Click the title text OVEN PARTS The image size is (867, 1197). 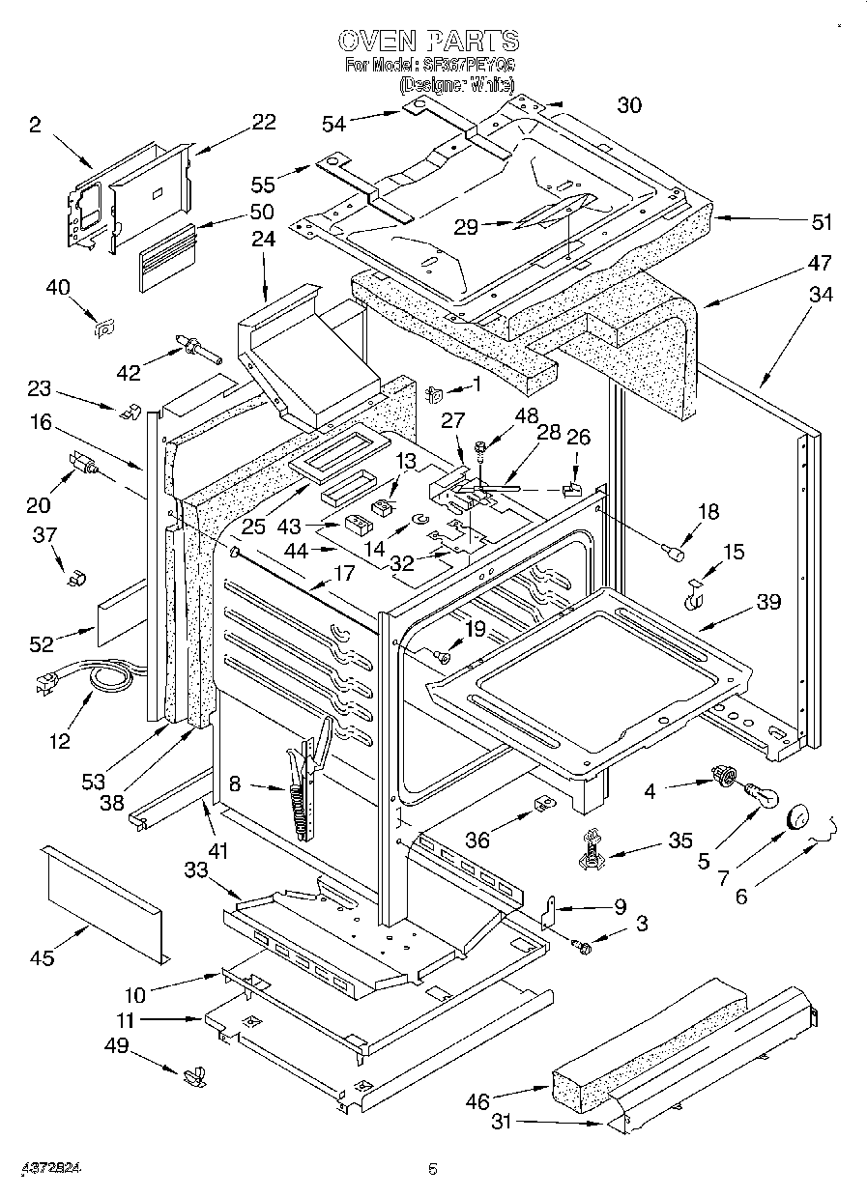pyautogui.click(x=429, y=41)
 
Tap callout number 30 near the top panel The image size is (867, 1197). pyautogui.click(x=629, y=105)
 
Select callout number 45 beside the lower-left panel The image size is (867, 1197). pyautogui.click(x=42, y=958)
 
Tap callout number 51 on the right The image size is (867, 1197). pyautogui.click(x=821, y=221)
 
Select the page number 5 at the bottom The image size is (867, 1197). pyautogui.click(x=433, y=1170)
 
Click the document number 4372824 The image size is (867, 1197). pyautogui.click(x=49, y=1168)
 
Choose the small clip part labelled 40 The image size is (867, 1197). pyautogui.click(x=101, y=329)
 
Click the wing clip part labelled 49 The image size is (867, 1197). pyautogui.click(x=194, y=1073)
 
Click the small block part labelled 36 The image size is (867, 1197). pyautogui.click(x=544, y=804)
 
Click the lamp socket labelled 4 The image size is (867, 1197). pyautogui.click(x=720, y=775)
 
